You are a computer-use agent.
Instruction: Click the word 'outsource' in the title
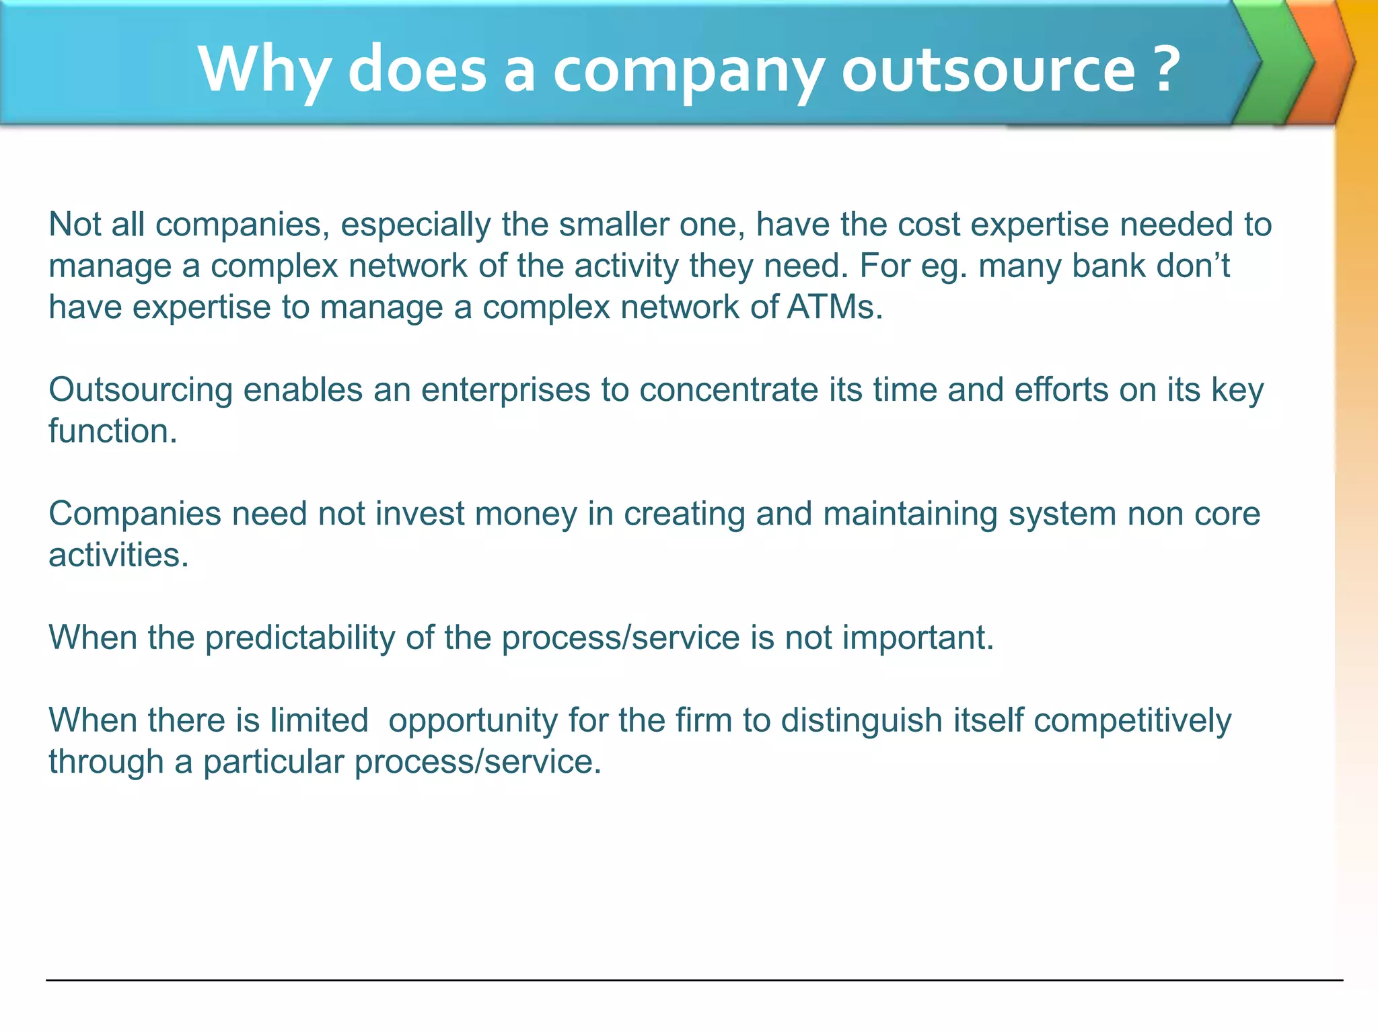point(988,70)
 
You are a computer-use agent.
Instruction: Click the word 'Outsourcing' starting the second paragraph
point(140,390)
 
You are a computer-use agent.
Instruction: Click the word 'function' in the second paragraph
point(112,431)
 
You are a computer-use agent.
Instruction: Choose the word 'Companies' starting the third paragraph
point(135,514)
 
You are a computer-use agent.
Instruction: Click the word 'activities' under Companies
point(118,556)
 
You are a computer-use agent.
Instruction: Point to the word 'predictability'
point(300,638)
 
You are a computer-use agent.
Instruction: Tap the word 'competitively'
point(1132,721)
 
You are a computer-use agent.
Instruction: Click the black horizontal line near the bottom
point(693,981)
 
